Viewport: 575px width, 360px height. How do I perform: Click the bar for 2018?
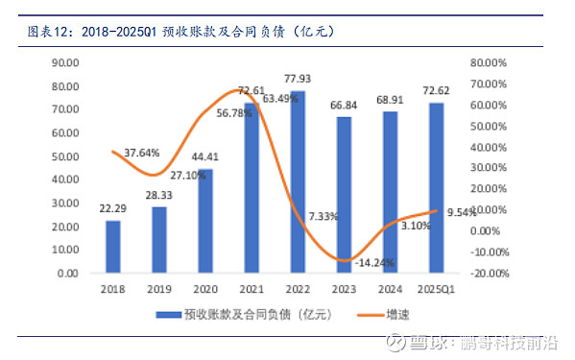pyautogui.click(x=113, y=247)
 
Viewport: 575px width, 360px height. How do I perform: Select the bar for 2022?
pyautogui.click(x=298, y=182)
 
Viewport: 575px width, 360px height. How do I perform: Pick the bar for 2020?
pyautogui.click(x=205, y=221)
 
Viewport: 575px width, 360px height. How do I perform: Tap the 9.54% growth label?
pyautogui.click(x=463, y=213)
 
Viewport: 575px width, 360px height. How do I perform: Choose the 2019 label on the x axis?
pyautogui.click(x=159, y=288)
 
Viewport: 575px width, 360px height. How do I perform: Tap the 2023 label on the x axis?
pyautogui.click(x=344, y=288)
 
